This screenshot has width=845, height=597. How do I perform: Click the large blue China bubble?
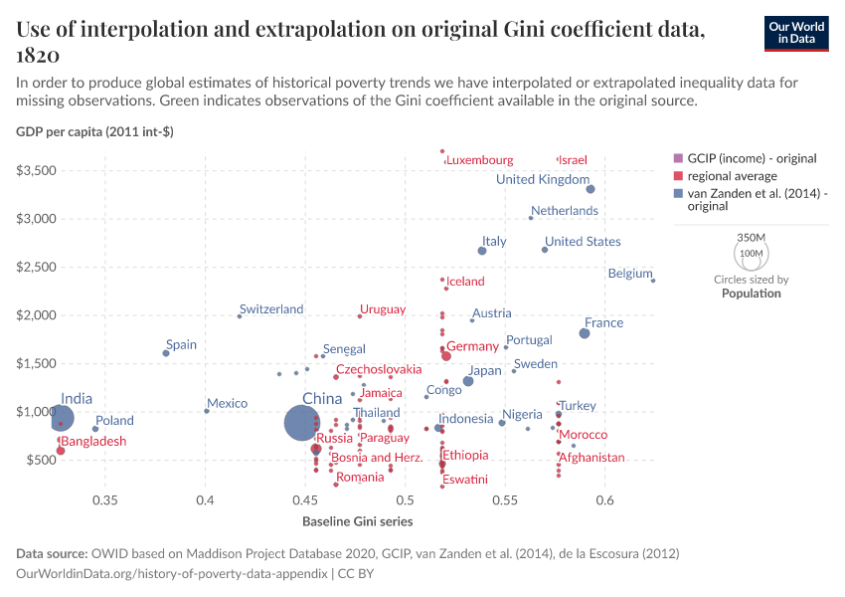300,423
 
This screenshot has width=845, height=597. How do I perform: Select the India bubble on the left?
62,418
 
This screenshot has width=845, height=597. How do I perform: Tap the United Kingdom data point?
591,189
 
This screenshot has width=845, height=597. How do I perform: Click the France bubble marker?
585,333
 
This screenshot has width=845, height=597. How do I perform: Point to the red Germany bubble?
446,356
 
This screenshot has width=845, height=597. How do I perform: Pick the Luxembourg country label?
480,160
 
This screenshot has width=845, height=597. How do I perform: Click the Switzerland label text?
271,309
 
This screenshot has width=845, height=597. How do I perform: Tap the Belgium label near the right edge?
629,274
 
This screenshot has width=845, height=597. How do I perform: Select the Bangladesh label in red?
93,441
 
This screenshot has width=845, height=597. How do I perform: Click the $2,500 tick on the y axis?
37,267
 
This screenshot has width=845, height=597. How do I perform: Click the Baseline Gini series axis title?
357,521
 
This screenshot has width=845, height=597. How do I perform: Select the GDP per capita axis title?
94,131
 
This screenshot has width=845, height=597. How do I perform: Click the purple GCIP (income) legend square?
678,158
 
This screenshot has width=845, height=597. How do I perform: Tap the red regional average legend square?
678,175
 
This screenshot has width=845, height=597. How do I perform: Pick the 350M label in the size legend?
751,238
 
